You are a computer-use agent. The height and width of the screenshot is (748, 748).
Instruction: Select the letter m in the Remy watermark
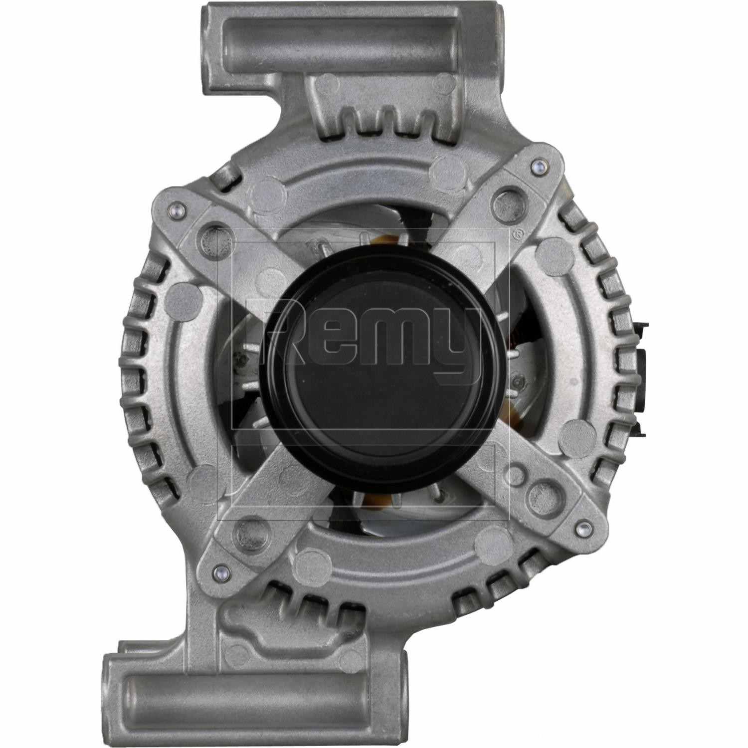(x=399, y=339)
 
